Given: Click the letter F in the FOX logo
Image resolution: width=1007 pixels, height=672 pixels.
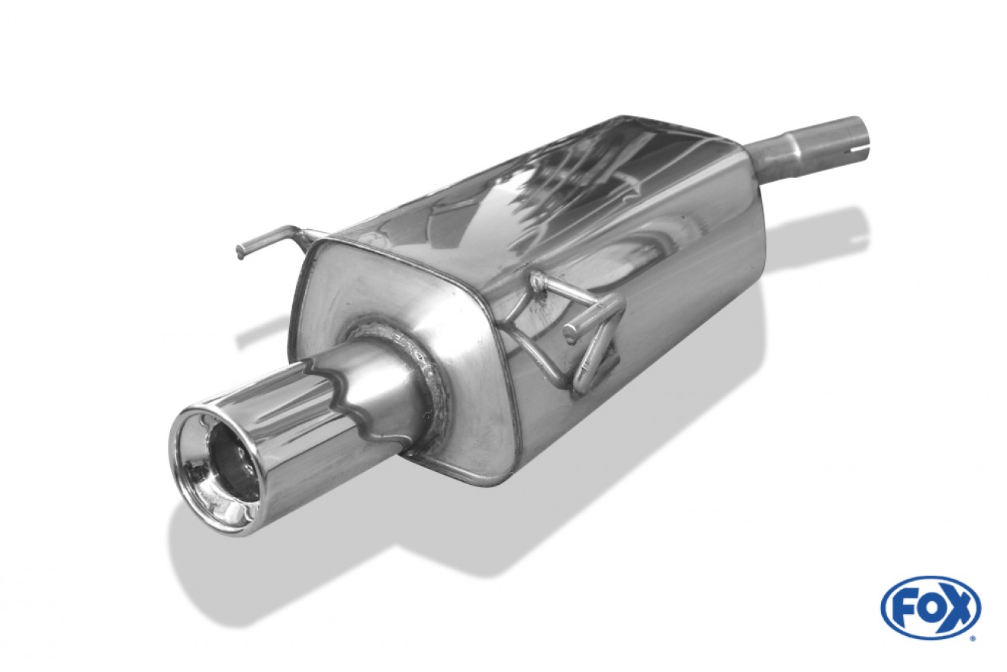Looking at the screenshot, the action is click(902, 607).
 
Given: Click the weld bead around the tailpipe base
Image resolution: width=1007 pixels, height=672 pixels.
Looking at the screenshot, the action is click(413, 373).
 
